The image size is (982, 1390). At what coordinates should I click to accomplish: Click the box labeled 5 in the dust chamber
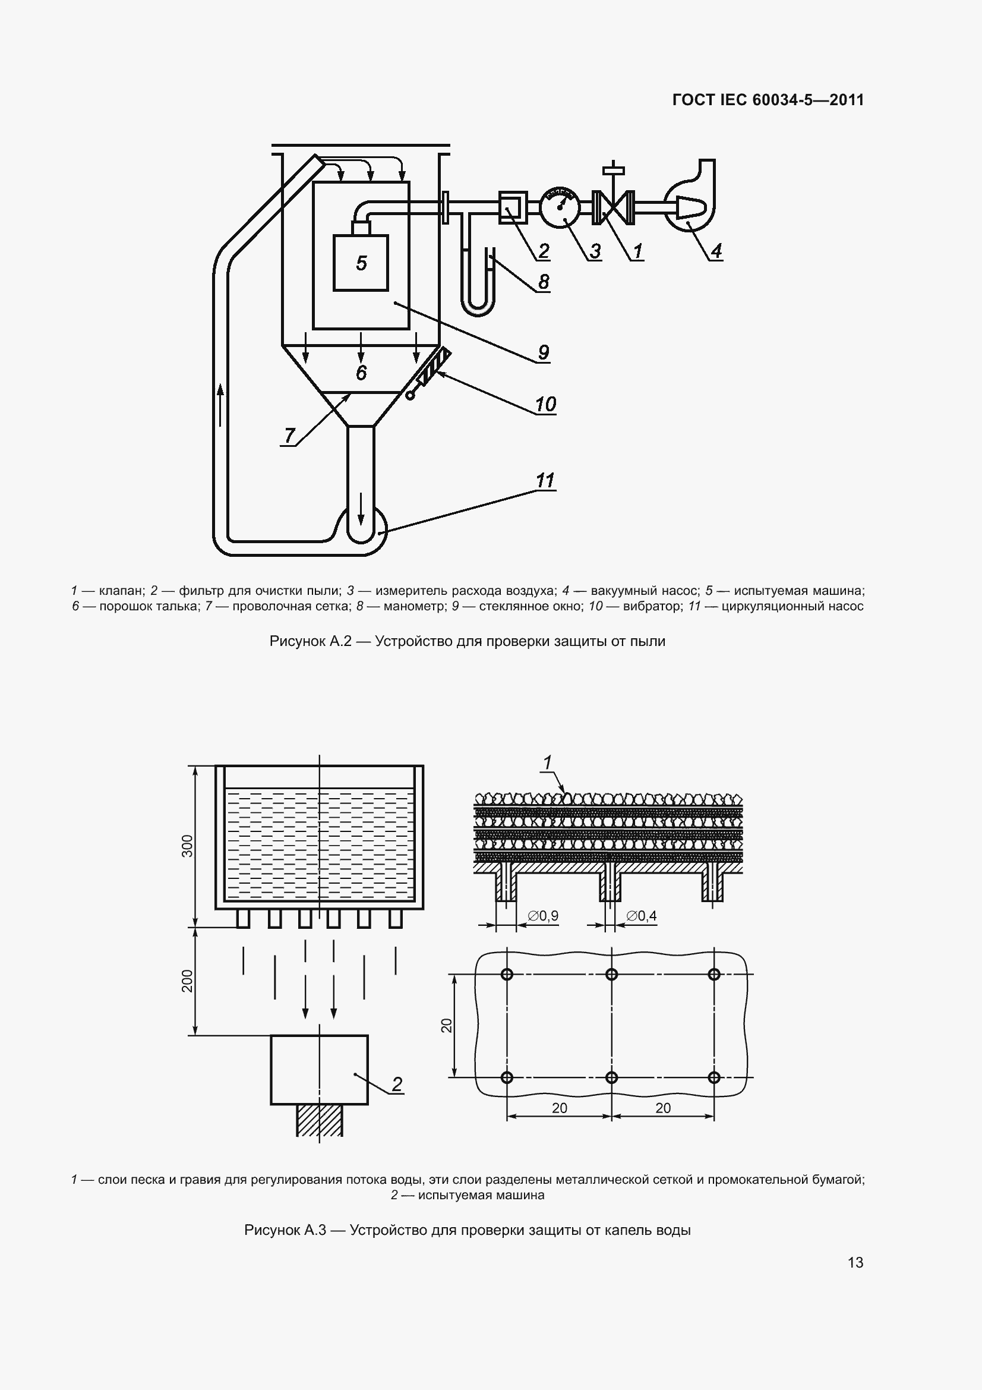coord(361,263)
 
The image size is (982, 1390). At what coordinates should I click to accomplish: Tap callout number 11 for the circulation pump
coord(545,481)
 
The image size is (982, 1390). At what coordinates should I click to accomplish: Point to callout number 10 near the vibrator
coord(545,404)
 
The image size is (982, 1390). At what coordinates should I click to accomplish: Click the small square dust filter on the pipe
coord(513,207)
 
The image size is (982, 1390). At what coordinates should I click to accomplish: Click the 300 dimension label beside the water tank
coord(188,846)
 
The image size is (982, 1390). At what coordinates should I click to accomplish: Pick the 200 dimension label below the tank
coord(188,981)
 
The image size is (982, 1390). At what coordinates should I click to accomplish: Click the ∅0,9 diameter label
coord(543,916)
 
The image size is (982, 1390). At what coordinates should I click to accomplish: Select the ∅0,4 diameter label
coord(642,916)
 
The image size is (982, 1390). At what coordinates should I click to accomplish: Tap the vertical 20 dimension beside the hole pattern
coord(447,1026)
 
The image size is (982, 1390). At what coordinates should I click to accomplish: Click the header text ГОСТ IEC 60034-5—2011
coord(768,100)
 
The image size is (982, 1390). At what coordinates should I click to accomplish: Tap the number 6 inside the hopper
coord(361,373)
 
